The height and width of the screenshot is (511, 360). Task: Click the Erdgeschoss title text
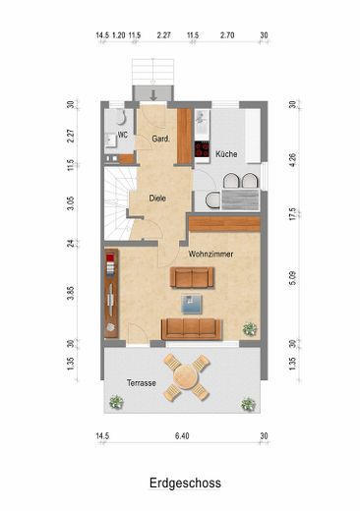185,483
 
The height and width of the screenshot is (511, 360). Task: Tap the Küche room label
226,153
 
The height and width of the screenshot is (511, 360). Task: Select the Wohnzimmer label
210,254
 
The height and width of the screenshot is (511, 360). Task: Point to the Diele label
157,199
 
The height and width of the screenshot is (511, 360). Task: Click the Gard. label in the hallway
161,139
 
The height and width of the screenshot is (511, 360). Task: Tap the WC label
123,135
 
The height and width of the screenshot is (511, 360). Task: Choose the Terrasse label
142,383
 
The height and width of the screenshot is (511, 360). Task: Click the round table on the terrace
187,376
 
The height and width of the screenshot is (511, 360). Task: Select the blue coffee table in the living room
192,305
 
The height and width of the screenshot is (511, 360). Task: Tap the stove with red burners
202,149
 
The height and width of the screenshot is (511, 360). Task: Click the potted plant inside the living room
250,328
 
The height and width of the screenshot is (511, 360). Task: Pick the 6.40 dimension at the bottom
182,436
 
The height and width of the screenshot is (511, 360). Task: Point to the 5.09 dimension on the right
293,278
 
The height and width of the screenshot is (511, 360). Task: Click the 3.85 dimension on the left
70,294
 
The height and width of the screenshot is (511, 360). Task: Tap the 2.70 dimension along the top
227,35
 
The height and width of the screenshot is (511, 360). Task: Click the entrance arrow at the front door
153,94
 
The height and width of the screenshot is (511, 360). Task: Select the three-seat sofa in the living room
192,329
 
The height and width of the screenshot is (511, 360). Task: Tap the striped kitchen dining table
240,199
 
